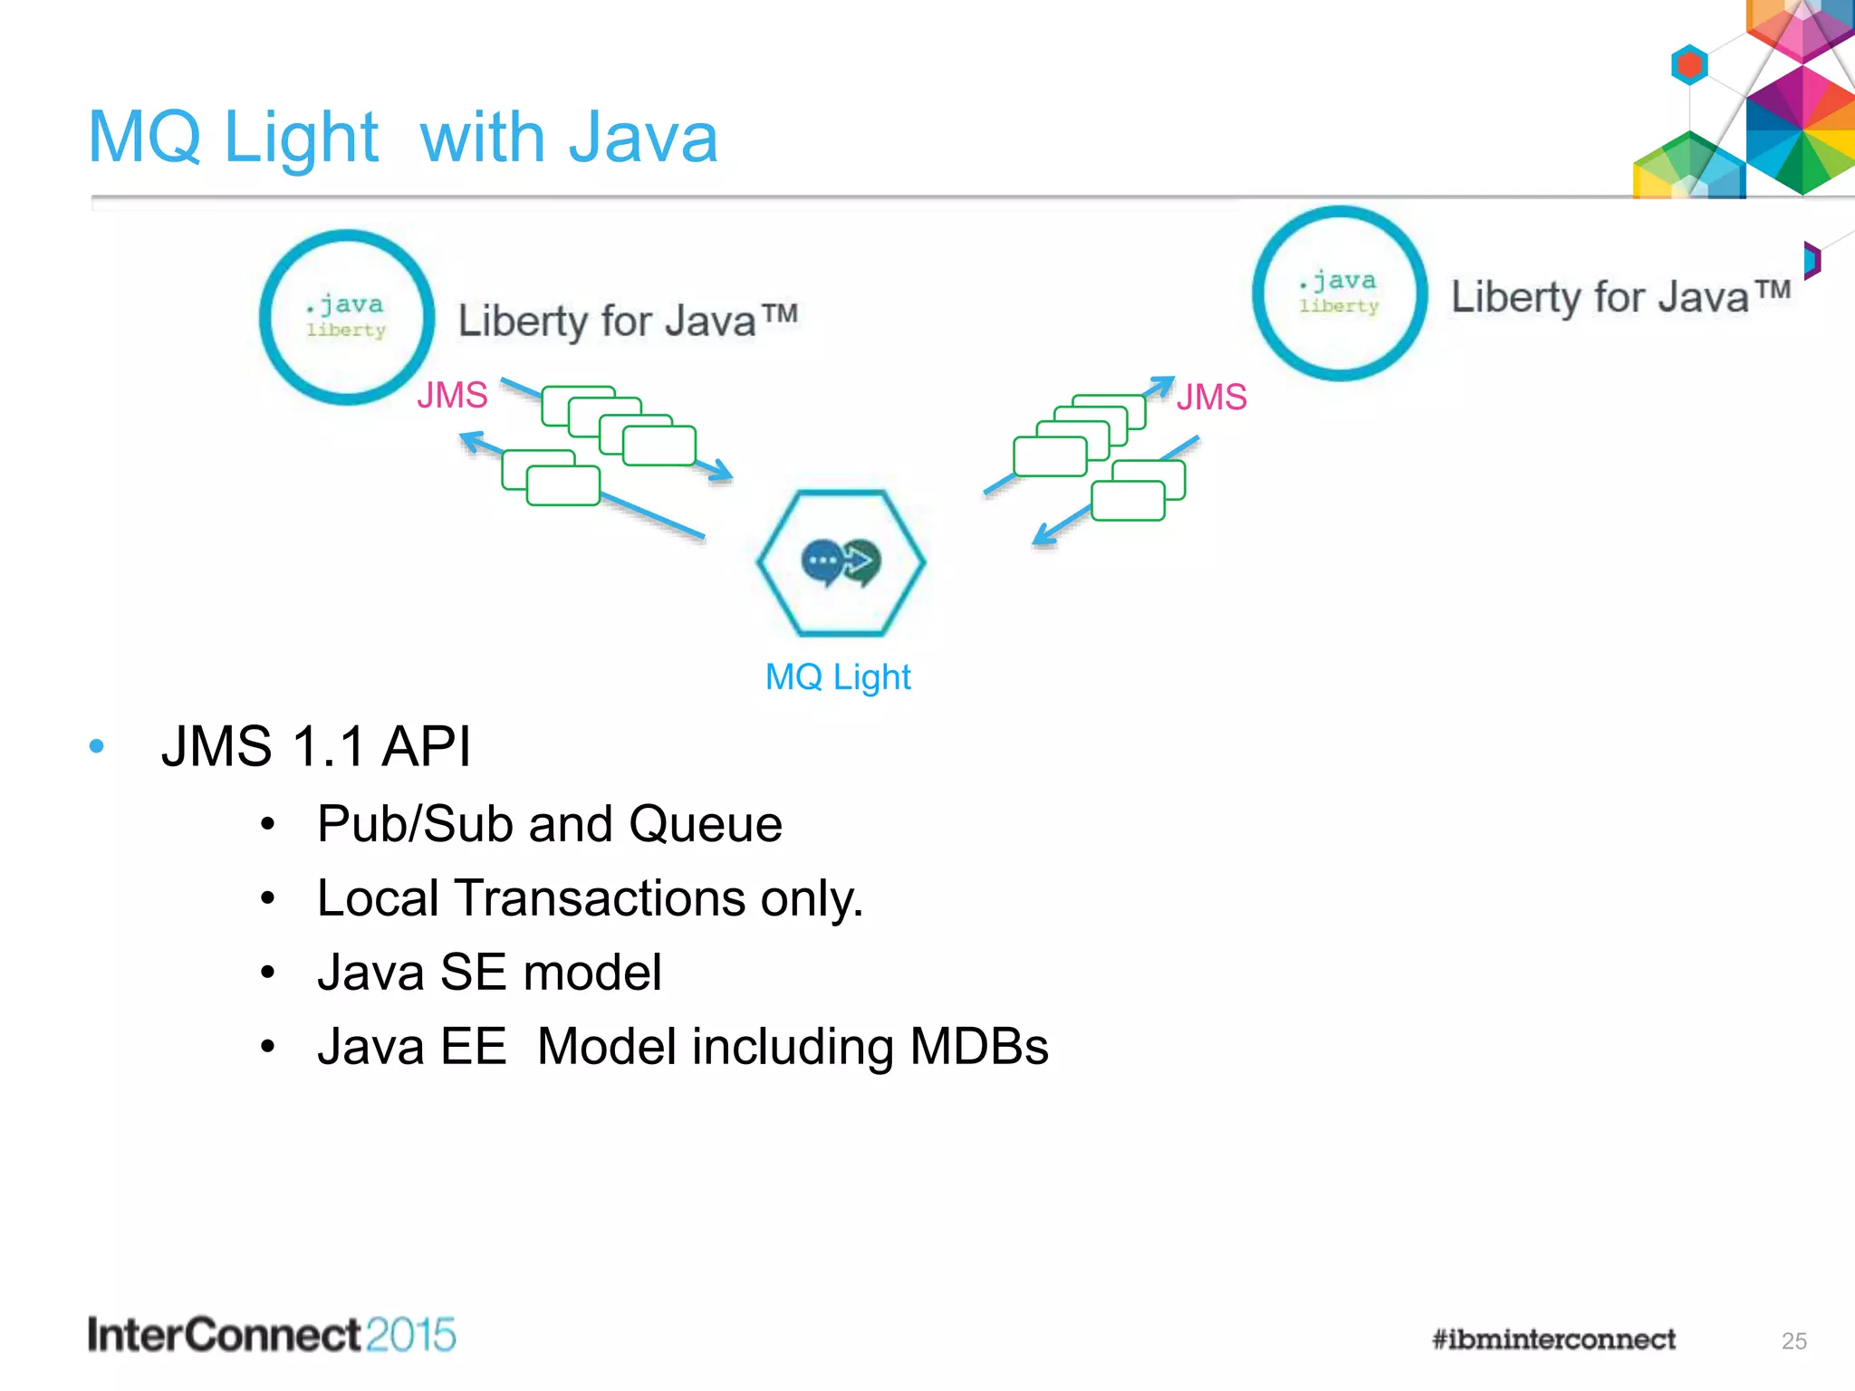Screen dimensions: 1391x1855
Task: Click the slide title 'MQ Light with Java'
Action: pyautogui.click(x=403, y=138)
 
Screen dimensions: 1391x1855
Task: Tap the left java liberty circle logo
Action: pyautogui.click(x=347, y=317)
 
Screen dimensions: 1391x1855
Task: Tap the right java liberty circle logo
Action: pyautogui.click(x=1340, y=293)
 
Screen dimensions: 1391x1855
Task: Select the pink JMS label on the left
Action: pyautogui.click(x=452, y=396)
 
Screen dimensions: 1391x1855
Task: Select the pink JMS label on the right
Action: pyautogui.click(x=1211, y=398)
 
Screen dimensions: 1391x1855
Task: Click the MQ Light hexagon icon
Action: pyautogui.click(x=841, y=562)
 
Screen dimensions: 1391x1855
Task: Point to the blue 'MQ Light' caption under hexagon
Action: pyautogui.click(x=838, y=677)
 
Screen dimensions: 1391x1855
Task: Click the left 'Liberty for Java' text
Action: pyautogui.click(x=627, y=321)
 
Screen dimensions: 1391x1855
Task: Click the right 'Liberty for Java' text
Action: pyautogui.click(x=1620, y=297)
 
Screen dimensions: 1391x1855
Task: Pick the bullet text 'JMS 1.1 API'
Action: pyautogui.click(x=315, y=747)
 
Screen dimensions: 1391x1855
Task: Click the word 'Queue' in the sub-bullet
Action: pyautogui.click(x=706, y=824)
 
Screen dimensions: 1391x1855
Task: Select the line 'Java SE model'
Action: pyautogui.click(x=489, y=973)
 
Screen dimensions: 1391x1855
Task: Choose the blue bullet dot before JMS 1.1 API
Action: pyautogui.click(x=97, y=747)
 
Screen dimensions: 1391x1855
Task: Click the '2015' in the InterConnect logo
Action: pyautogui.click(x=411, y=1335)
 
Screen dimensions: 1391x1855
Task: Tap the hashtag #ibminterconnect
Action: pyautogui.click(x=1553, y=1338)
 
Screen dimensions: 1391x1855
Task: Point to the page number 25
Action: pyautogui.click(x=1793, y=1341)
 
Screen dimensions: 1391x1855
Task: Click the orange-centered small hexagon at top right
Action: pyautogui.click(x=1689, y=65)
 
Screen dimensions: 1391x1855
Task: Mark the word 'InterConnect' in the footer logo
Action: pyautogui.click(x=225, y=1335)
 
